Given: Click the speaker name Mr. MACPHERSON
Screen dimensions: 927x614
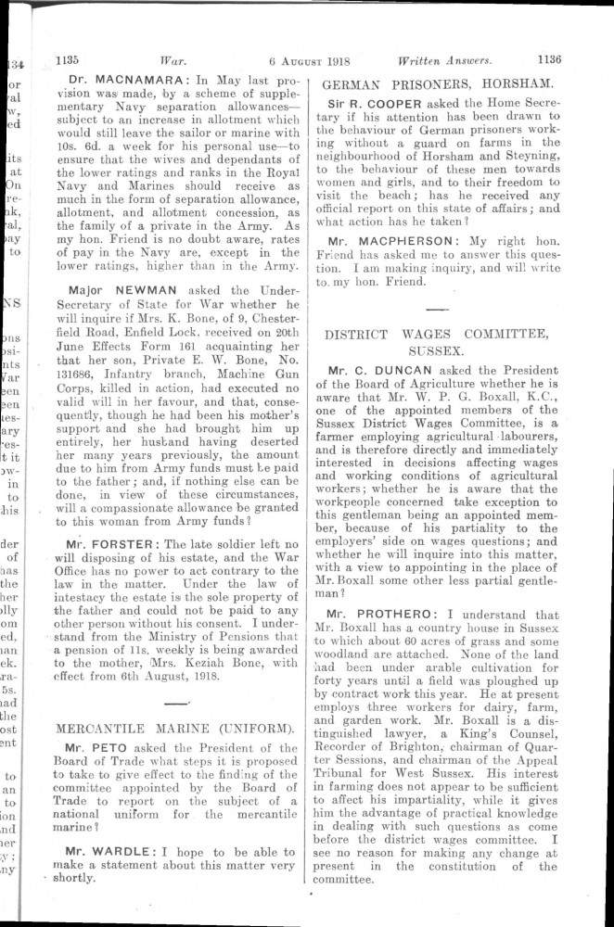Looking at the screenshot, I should (396, 240).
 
